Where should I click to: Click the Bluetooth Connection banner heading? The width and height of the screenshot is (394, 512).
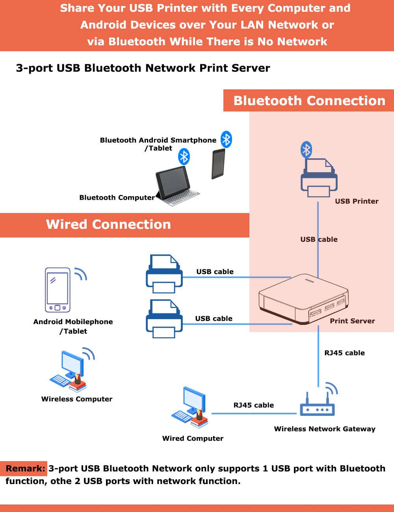coord(309,101)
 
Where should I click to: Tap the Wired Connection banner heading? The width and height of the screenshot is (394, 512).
coord(108,224)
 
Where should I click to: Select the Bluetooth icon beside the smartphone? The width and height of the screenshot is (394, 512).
coord(226,139)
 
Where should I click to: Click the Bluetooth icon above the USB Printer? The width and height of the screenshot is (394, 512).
coord(306,150)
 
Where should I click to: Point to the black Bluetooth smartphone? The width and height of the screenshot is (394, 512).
coord(218,163)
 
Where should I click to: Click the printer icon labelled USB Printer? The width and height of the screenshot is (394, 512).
coord(319,178)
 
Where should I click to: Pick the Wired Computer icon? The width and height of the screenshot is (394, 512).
coord(190,408)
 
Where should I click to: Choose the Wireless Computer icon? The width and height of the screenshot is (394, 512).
coord(71,370)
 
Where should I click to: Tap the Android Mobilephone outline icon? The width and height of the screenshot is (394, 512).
coord(58,290)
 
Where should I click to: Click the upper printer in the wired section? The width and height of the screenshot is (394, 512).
coord(164,274)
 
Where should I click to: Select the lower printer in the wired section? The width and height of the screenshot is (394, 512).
coord(164,319)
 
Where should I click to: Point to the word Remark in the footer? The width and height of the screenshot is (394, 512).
coord(25,469)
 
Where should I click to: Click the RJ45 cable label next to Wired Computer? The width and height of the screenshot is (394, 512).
coord(253,405)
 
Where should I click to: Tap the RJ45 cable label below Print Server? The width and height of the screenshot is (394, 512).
coord(344,353)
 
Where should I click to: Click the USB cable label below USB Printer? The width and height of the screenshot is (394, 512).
coord(319,239)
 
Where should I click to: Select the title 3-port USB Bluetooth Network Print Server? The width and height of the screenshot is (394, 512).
coord(143,68)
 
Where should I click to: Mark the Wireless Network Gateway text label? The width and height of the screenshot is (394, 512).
coord(325,429)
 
